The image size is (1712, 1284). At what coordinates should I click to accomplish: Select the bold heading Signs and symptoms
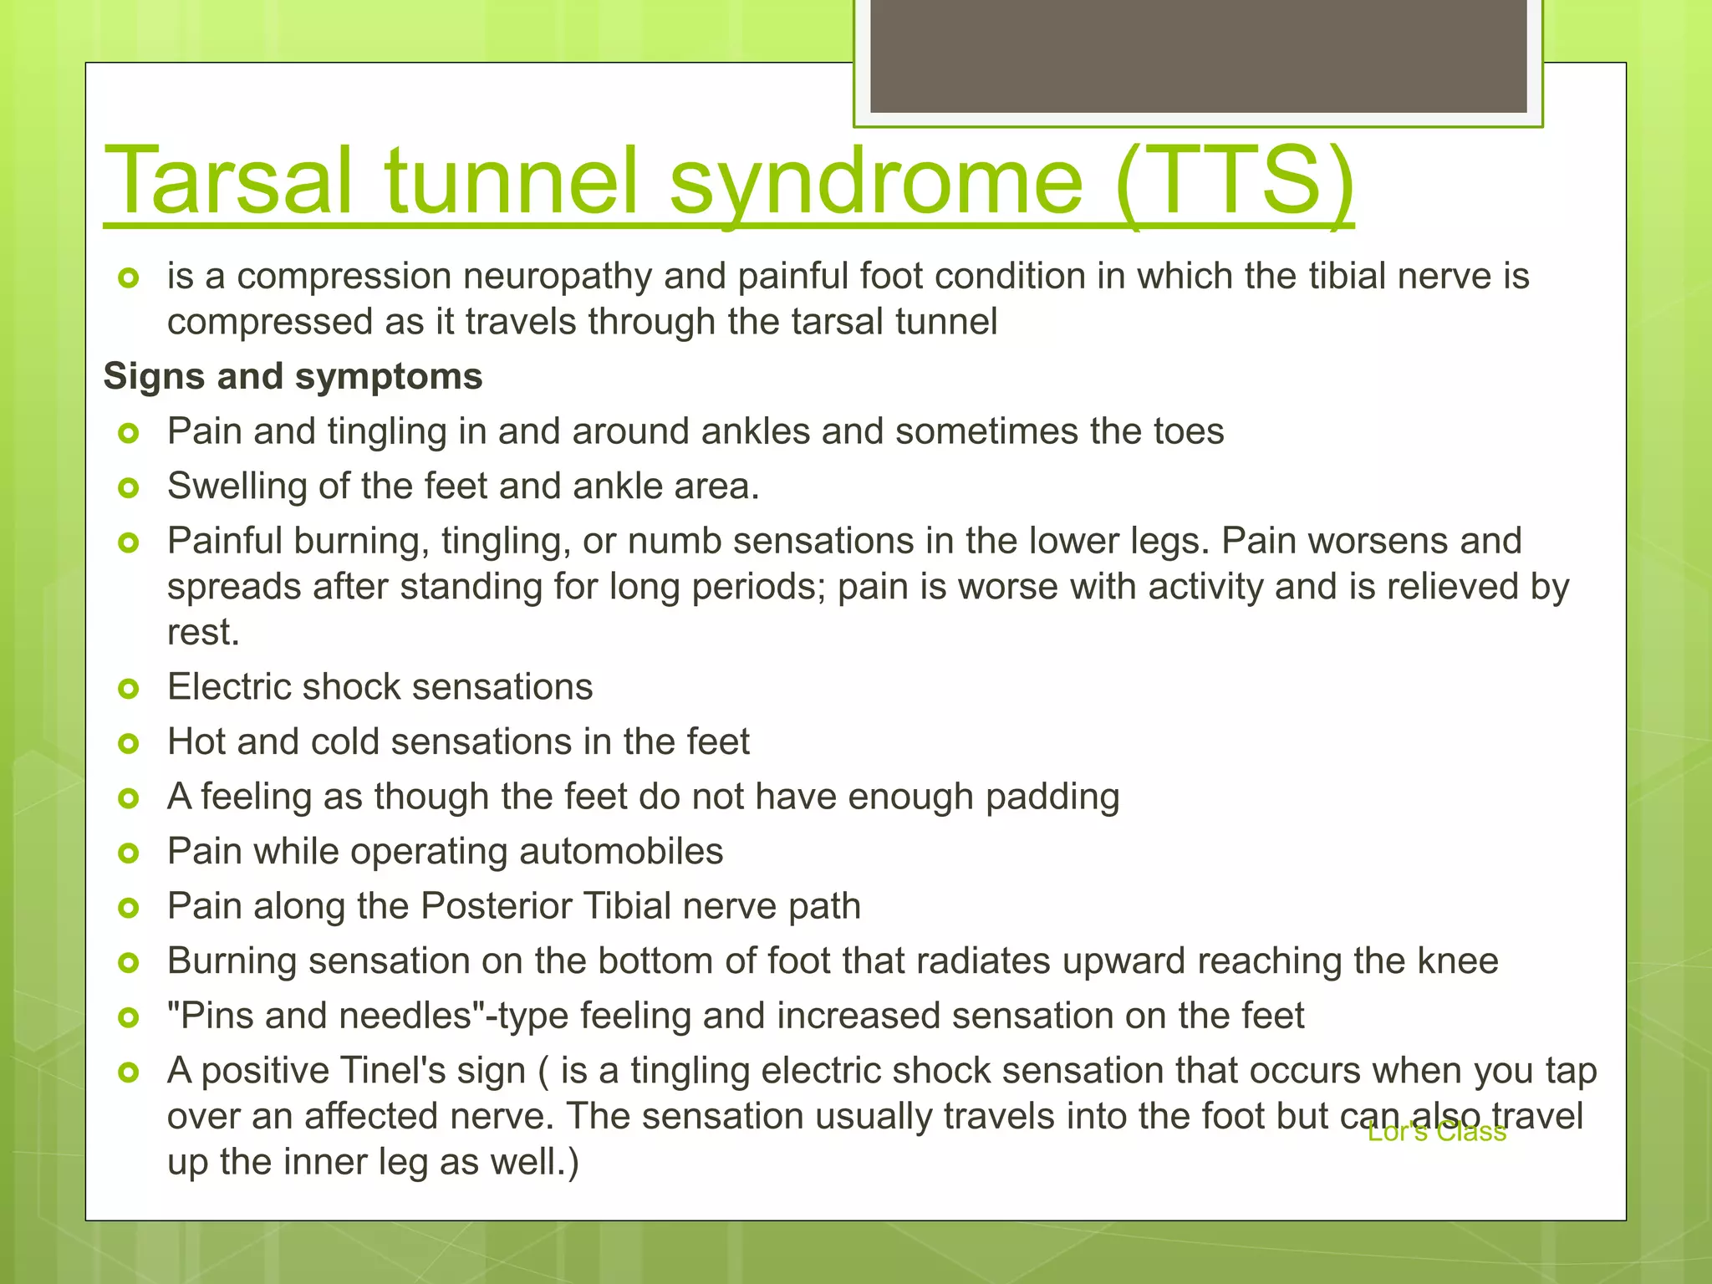[293, 376]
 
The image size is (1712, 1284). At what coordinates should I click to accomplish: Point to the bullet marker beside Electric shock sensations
[128, 689]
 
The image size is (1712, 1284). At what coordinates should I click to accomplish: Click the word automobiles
[620, 852]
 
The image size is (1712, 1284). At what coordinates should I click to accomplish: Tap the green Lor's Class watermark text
[1436, 1132]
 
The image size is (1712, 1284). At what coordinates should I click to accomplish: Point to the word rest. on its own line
[203, 633]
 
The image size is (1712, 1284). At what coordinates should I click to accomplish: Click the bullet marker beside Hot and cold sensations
[128, 743]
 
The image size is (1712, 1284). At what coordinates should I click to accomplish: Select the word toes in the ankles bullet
[1188, 431]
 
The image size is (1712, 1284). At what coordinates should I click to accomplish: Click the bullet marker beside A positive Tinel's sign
[128, 1072]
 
